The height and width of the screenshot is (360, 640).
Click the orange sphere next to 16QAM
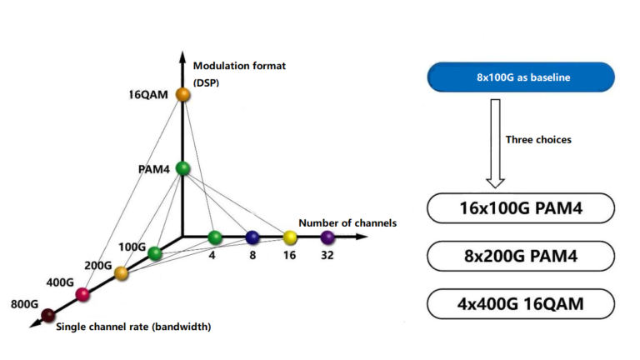pos(183,95)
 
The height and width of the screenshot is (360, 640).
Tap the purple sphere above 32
pos(327,237)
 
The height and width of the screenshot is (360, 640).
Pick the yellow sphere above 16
pos(289,237)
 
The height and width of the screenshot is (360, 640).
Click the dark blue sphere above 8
pos(252,237)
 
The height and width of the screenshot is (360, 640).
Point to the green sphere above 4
pos(214,237)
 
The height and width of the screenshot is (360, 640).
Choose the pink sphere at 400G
pos(82,293)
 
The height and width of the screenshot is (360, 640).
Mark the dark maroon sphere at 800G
pos(48,314)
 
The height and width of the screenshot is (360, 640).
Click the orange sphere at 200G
pos(121,272)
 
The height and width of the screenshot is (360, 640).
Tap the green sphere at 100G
pos(155,253)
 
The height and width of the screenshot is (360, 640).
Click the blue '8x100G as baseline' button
pos(521,77)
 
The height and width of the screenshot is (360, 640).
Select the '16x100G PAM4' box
pos(521,208)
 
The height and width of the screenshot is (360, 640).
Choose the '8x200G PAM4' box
pos(521,257)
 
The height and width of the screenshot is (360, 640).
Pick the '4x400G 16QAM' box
pos(521,304)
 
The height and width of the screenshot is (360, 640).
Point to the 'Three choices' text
pos(538,140)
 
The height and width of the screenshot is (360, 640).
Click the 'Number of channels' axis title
pos(347,222)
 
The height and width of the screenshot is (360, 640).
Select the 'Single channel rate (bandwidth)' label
pos(133,327)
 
